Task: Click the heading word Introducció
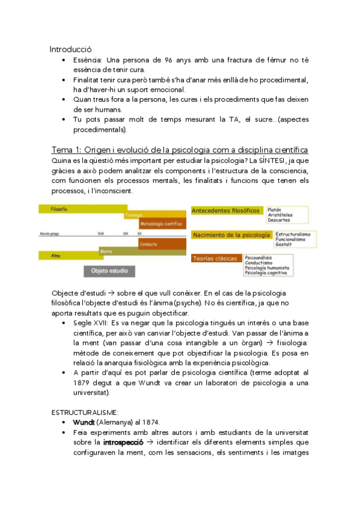click(70, 49)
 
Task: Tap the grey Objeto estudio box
click(109, 271)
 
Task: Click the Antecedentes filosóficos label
click(225, 210)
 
